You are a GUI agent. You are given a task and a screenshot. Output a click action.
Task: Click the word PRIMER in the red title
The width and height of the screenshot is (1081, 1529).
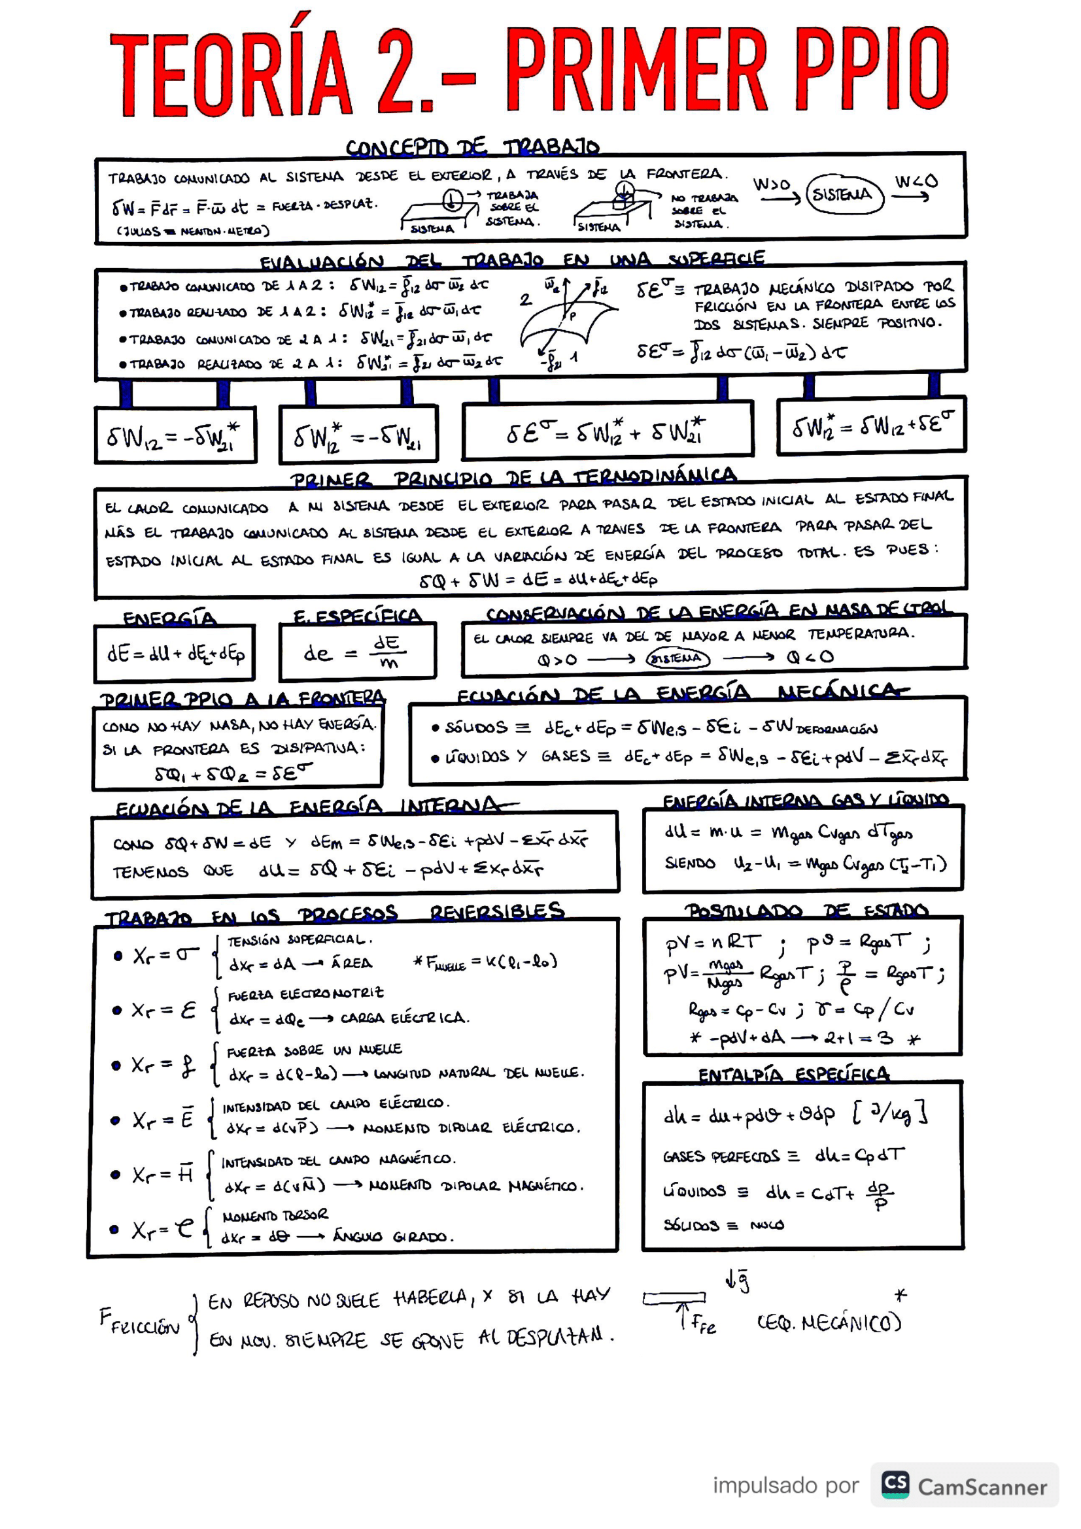(636, 72)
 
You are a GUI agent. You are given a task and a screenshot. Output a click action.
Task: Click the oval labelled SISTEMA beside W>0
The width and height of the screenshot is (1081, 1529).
(844, 194)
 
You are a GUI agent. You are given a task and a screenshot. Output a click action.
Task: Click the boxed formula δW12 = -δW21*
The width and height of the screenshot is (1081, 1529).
(175, 436)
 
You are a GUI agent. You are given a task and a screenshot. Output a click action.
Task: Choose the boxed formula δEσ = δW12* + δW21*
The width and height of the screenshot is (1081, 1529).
(606, 431)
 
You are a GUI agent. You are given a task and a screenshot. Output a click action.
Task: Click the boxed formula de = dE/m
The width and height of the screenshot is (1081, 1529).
(357, 652)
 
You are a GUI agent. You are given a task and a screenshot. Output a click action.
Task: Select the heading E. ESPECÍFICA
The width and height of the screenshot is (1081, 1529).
(358, 616)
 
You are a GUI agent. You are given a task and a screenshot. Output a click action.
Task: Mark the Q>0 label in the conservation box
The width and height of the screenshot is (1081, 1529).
(557, 660)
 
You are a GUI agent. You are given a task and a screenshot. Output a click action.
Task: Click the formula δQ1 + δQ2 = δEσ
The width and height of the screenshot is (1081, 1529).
(233, 773)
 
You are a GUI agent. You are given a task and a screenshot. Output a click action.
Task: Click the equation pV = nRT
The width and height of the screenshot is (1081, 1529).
(712, 943)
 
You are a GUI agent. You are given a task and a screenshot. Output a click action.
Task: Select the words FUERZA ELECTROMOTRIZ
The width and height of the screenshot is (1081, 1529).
(305, 994)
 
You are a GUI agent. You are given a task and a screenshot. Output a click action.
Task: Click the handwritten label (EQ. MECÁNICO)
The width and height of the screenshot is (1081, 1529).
(829, 1322)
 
